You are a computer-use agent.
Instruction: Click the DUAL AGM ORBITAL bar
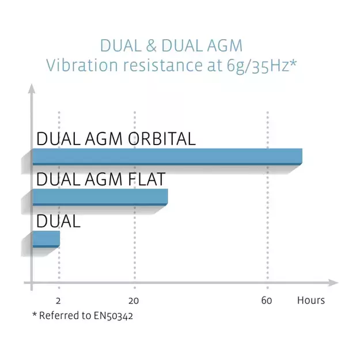[x=168, y=157]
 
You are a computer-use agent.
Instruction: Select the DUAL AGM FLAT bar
[x=100, y=197]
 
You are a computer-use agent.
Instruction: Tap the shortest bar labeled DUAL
[x=46, y=239]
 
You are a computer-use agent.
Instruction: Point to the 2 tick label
[x=58, y=301]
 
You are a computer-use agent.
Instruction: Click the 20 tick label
[x=134, y=301]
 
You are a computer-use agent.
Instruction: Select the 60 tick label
[x=267, y=301]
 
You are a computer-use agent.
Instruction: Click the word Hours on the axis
[x=311, y=300]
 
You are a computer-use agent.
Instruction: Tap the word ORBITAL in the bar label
[x=162, y=139]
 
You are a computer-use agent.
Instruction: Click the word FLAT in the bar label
[x=146, y=179]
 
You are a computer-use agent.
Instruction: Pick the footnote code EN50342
[x=113, y=316]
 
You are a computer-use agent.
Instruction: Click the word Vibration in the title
[x=82, y=65]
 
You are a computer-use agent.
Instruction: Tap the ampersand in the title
[x=151, y=46]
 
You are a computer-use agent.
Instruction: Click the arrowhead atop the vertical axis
[x=32, y=89]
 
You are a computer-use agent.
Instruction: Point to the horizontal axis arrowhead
[x=334, y=283]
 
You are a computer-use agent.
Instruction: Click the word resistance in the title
[x=163, y=65]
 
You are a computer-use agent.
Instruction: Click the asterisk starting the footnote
[x=35, y=313]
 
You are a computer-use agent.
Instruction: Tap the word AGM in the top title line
[x=225, y=46]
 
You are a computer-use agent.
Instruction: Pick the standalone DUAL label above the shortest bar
[x=58, y=221]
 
